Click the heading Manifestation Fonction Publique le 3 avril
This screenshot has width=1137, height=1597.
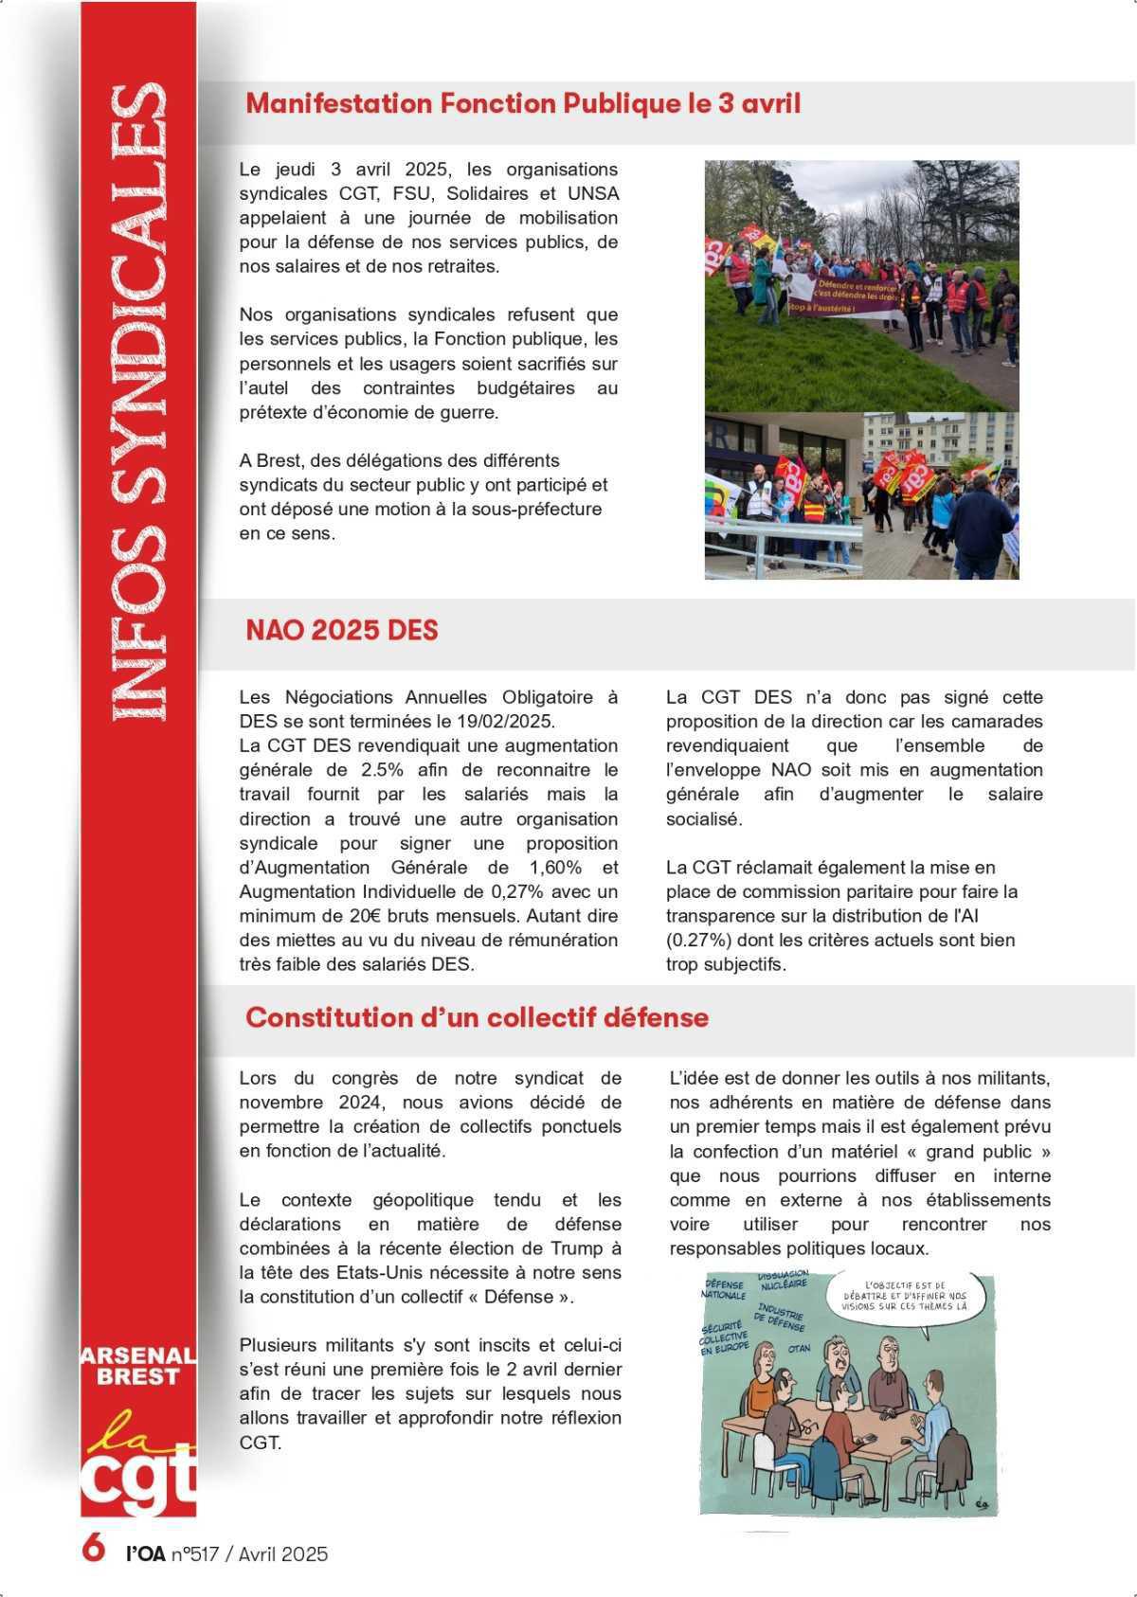pos(522,103)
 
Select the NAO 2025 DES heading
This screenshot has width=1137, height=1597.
pos(341,631)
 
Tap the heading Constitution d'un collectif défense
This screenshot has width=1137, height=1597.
pos(477,1017)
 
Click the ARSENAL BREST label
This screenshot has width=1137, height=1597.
pos(138,1366)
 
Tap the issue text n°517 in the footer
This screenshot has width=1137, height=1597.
pos(194,1554)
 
